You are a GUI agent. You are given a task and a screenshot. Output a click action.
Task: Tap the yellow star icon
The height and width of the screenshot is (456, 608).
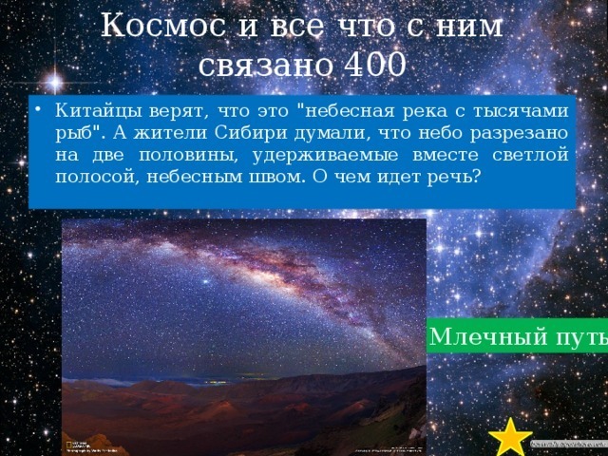point(511,437)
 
